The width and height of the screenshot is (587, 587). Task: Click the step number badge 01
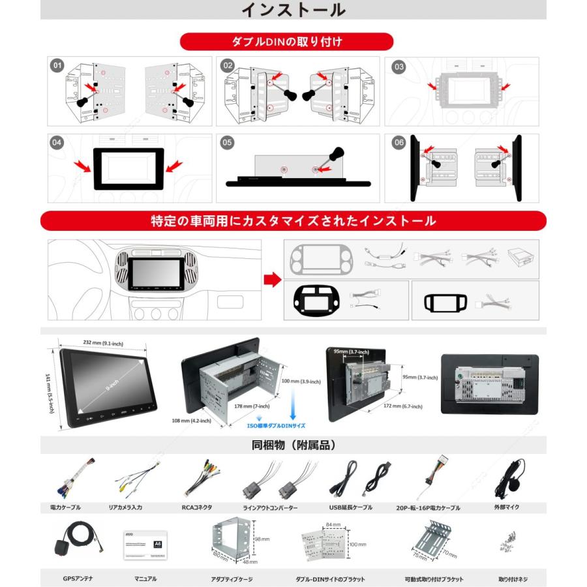click(58, 66)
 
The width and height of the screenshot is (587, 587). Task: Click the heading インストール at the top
click(293, 10)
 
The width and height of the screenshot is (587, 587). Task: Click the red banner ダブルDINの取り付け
click(287, 42)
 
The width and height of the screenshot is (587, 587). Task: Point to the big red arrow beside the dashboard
click(271, 279)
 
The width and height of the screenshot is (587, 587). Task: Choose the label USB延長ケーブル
click(351, 507)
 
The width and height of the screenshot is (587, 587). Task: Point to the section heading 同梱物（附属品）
click(293, 446)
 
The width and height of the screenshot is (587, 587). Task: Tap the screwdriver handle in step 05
click(337, 155)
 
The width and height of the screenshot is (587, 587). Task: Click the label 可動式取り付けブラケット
click(434, 579)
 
